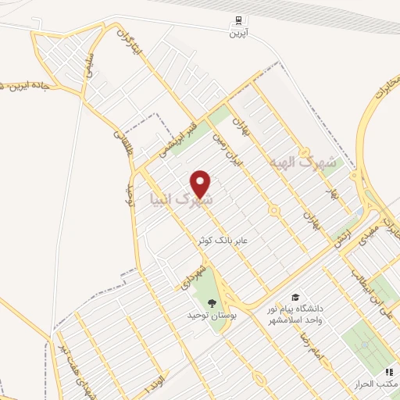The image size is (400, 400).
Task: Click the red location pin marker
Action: pyautogui.click(x=202, y=183)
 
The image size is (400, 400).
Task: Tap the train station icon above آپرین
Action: pyautogui.click(x=237, y=21)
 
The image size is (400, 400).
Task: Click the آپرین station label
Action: pyautogui.click(x=237, y=34)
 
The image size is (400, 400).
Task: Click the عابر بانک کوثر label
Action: pyautogui.click(x=223, y=242)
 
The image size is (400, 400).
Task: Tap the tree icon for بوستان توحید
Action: pyautogui.click(x=212, y=303)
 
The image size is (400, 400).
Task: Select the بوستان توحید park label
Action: pyautogui.click(x=212, y=316)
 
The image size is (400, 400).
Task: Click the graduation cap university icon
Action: pyautogui.click(x=295, y=297)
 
